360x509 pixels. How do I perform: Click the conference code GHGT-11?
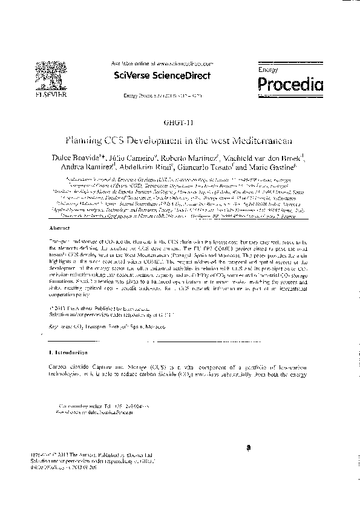180,122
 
